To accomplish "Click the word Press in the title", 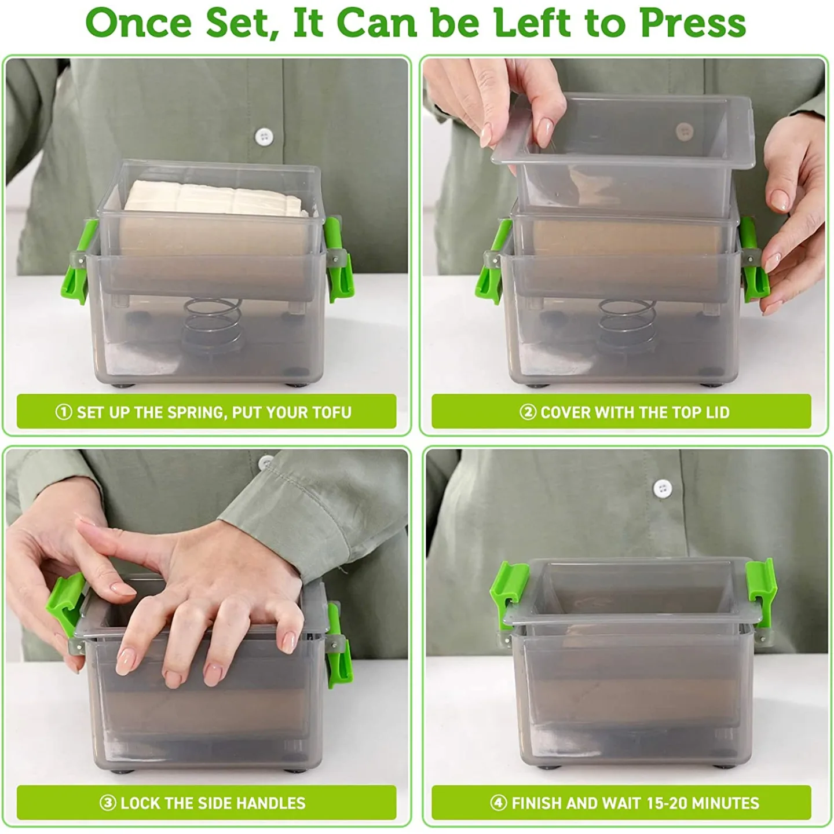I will [x=693, y=23].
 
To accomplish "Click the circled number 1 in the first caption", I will [x=63, y=412].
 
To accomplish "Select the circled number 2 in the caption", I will [x=527, y=412].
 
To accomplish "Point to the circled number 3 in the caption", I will [x=108, y=803].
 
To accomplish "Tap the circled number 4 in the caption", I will [x=499, y=803].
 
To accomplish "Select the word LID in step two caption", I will [x=717, y=412].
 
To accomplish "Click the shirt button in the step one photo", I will [x=265, y=137].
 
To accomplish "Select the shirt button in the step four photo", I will [x=662, y=488].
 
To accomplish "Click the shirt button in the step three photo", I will [x=265, y=462].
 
